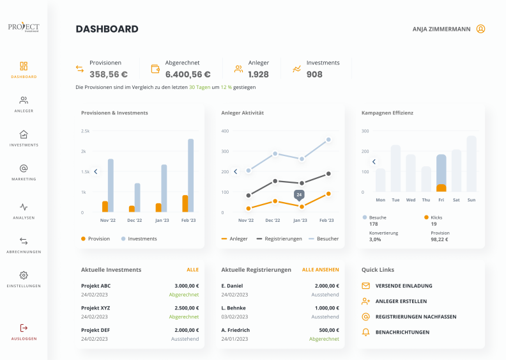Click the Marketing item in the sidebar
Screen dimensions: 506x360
click(24, 172)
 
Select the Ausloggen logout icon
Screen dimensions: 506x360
click(24, 328)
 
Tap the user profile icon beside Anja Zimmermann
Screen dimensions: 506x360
click(480, 29)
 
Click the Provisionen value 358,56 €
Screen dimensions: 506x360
click(109, 74)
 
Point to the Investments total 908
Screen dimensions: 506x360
click(314, 74)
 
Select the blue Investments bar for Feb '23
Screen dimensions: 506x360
click(191, 175)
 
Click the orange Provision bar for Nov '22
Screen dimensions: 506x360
click(105, 207)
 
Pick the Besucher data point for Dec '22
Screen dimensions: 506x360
click(275, 153)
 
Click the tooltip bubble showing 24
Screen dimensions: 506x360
click(299, 195)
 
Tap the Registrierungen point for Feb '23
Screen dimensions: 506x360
click(328, 174)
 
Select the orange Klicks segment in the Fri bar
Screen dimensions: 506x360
click(441, 188)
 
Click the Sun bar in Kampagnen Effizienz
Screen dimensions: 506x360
click(471, 164)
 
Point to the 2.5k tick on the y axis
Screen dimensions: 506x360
click(85, 131)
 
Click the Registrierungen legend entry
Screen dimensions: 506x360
click(279, 239)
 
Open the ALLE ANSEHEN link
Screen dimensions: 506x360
click(321, 270)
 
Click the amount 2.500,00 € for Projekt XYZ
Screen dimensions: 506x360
click(187, 308)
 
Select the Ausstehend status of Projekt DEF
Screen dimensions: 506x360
click(185, 339)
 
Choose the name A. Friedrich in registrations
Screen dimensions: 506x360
click(236, 330)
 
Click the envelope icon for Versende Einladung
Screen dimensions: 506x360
click(365, 286)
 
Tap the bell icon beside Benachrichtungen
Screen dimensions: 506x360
click(365, 333)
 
